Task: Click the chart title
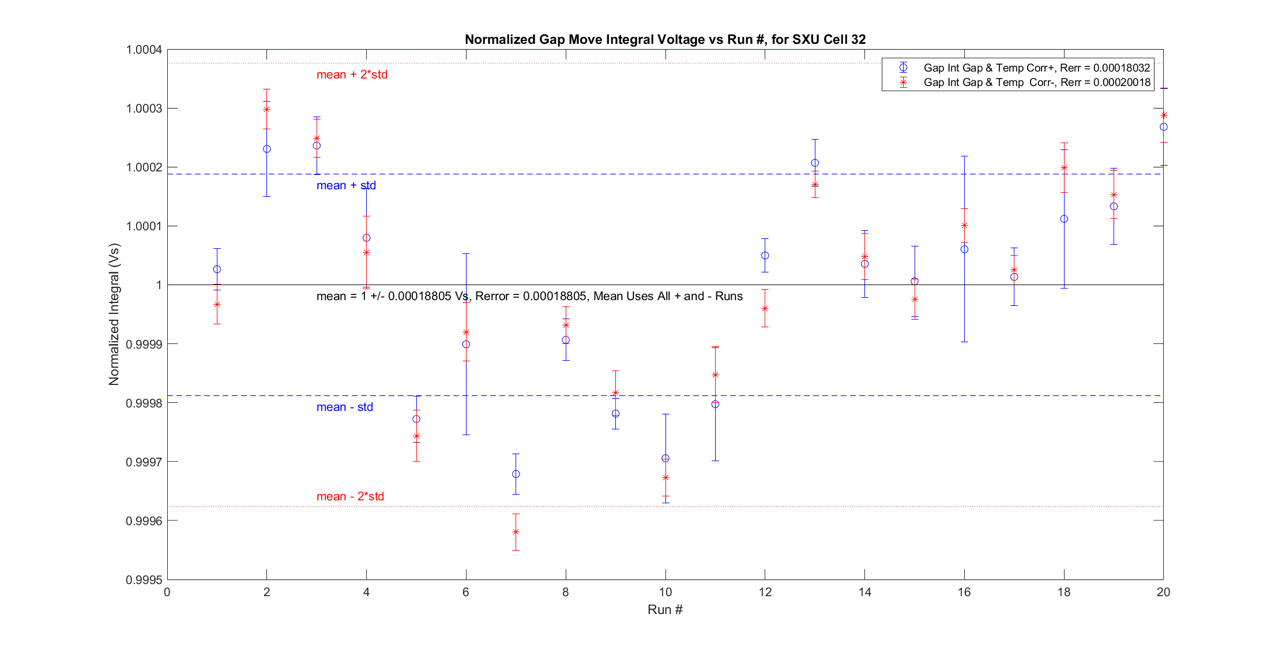(x=665, y=39)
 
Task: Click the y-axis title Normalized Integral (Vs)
(x=114, y=315)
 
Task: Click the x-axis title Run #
(x=665, y=609)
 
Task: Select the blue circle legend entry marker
(x=903, y=68)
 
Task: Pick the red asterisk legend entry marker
(x=903, y=83)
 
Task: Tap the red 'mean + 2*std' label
(x=352, y=74)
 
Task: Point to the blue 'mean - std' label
(x=344, y=407)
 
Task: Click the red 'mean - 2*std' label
(x=350, y=496)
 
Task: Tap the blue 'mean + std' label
(x=346, y=185)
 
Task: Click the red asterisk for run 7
(x=516, y=532)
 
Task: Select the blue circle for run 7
(x=516, y=474)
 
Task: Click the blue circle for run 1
(x=217, y=269)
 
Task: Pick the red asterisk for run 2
(x=266, y=109)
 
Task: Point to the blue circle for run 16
(x=964, y=249)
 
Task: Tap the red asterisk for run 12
(x=765, y=308)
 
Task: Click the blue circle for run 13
(x=815, y=163)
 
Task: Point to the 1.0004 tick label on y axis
(x=144, y=50)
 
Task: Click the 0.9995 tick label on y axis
(x=144, y=579)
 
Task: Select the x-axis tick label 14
(x=864, y=592)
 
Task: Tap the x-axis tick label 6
(x=466, y=592)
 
